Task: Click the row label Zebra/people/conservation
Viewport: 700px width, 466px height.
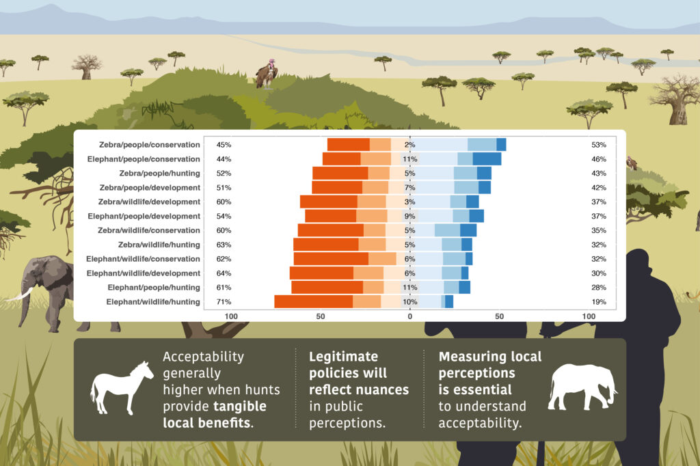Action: pos(150,145)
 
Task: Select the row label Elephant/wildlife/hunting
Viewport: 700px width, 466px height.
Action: pos(153,302)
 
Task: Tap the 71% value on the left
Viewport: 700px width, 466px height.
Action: pos(224,302)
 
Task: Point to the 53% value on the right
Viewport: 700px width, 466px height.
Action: pos(599,145)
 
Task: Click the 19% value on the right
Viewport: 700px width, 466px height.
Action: pos(599,302)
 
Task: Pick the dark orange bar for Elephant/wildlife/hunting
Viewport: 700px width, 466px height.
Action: pos(313,302)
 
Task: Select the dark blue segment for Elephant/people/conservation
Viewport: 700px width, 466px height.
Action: pos(487,159)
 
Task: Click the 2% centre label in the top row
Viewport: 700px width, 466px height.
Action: pos(410,145)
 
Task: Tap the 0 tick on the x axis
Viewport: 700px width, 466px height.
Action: pos(410,316)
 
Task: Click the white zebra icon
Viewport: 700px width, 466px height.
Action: pos(122,387)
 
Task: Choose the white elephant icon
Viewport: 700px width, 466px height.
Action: pos(582,387)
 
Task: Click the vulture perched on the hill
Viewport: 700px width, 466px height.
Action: pos(267,74)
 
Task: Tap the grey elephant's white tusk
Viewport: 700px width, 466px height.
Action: pos(20,295)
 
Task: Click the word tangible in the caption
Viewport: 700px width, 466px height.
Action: pos(240,406)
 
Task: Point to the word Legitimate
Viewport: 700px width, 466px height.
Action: pos(343,356)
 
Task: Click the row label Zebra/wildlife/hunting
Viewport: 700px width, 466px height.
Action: pos(159,245)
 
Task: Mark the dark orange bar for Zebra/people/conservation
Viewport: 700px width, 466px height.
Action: pos(348,145)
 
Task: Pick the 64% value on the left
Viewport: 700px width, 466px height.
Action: pos(224,273)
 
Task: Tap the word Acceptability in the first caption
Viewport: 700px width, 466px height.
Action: pos(203,357)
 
